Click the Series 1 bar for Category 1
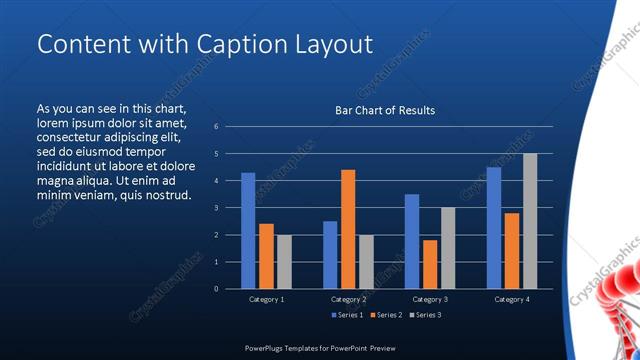[248, 231]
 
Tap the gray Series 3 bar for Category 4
[530, 221]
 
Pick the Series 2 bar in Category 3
[430, 264]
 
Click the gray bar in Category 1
[284, 261]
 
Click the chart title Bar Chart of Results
[385, 110]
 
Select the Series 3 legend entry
[424, 315]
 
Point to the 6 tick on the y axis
[216, 127]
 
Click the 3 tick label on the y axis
[216, 208]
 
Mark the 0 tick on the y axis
[216, 289]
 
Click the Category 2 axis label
[348, 299]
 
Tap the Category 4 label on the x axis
[512, 299]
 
